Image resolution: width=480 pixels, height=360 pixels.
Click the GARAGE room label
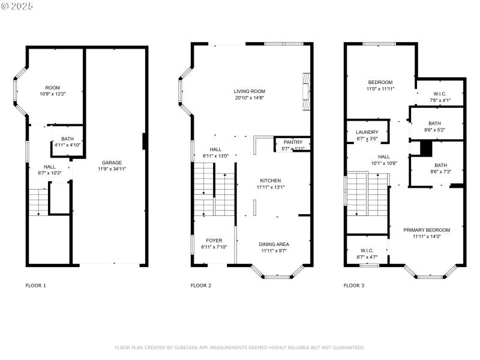coord(112,163)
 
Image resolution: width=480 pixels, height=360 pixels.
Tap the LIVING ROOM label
coord(250,91)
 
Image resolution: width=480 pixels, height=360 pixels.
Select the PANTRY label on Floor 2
coord(293,142)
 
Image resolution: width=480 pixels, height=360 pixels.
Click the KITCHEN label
coord(270,181)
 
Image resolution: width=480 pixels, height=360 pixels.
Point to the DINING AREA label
coord(274,244)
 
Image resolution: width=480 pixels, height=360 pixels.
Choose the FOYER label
coord(214,241)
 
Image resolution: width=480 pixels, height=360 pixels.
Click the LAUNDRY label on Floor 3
coord(367,132)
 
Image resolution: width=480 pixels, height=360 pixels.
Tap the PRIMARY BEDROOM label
coord(427,230)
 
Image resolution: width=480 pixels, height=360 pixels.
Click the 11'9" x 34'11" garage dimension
coord(112,169)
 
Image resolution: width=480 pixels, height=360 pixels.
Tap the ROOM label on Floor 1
coord(53,88)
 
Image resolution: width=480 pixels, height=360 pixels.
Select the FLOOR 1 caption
coord(35,286)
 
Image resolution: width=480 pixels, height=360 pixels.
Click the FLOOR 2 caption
coord(201,286)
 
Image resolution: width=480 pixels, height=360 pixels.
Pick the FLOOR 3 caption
coord(354,286)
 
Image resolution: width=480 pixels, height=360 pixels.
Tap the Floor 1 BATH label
coord(67,139)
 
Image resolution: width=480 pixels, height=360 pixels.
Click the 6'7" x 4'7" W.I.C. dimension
coord(367,257)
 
